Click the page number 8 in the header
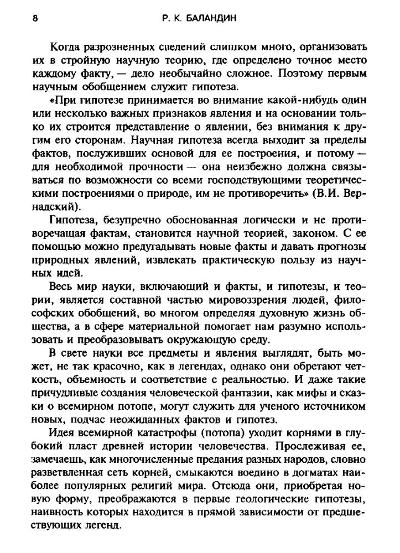[35, 18]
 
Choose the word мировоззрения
[246, 299]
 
